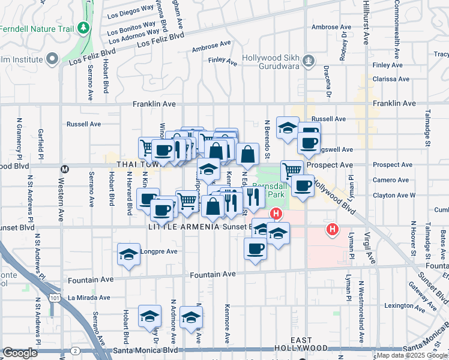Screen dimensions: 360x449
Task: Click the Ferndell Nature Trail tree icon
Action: (83, 28)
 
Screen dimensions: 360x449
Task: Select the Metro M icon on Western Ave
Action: (65, 169)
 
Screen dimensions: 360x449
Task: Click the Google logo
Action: (20, 352)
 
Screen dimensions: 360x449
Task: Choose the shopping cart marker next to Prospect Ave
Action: (292, 169)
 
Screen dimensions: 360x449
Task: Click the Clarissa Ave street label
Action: (390, 79)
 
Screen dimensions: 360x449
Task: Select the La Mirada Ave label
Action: (89, 297)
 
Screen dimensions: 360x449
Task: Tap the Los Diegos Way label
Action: (130, 16)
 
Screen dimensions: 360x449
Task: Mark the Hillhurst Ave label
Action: (366, 21)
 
